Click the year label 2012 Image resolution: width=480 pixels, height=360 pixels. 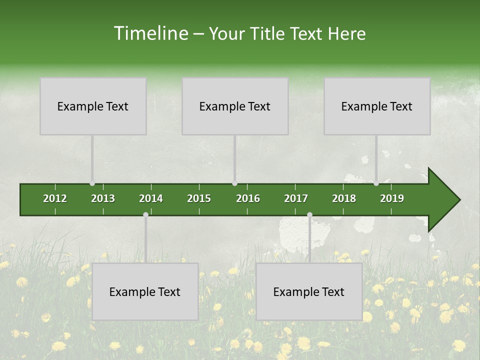click(x=55, y=198)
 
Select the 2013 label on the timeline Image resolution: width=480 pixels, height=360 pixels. click(x=103, y=198)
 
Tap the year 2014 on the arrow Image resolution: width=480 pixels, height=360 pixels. click(x=151, y=198)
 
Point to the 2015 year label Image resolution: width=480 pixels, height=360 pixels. click(x=199, y=198)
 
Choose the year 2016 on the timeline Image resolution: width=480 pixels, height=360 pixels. click(x=248, y=198)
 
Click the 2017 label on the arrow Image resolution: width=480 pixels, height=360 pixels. click(x=296, y=198)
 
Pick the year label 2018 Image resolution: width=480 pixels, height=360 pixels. click(x=344, y=198)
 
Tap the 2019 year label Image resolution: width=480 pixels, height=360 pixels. click(x=392, y=198)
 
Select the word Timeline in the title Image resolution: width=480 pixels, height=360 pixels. click(x=150, y=33)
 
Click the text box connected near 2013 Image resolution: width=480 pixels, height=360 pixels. click(x=93, y=106)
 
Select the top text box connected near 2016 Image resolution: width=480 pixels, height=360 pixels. click(x=235, y=106)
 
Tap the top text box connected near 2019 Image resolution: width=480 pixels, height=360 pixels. click(x=377, y=106)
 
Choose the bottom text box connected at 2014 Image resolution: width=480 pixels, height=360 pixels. click(x=145, y=291)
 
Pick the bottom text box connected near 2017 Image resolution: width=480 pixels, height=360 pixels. click(x=309, y=291)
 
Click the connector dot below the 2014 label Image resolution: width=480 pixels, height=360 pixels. click(x=145, y=214)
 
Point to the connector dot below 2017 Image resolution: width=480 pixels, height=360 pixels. click(x=309, y=214)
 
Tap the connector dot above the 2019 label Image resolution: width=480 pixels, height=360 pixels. click(x=376, y=183)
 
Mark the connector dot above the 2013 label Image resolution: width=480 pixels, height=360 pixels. click(x=92, y=183)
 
